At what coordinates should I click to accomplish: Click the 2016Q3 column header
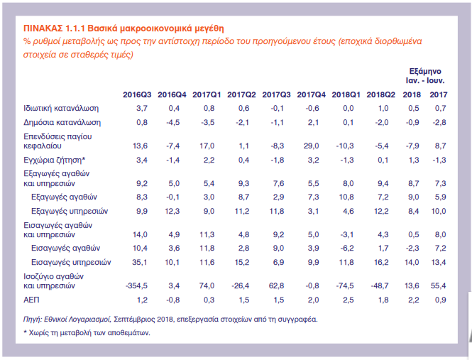point(136,94)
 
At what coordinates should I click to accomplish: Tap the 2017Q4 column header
point(310,94)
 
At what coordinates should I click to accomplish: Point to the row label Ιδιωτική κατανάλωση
point(61,108)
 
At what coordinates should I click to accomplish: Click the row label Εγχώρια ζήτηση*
point(54,159)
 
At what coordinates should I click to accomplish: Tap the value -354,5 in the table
point(134,285)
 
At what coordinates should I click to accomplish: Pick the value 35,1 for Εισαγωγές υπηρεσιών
point(139,262)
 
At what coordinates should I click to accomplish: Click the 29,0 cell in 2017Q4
point(314,146)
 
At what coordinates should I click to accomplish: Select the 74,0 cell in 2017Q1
point(209,285)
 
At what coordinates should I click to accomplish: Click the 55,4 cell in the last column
point(438,285)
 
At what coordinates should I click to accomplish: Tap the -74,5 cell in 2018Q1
point(346,285)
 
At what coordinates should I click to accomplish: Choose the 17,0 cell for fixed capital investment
point(209,146)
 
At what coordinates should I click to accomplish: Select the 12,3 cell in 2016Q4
point(174,211)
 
